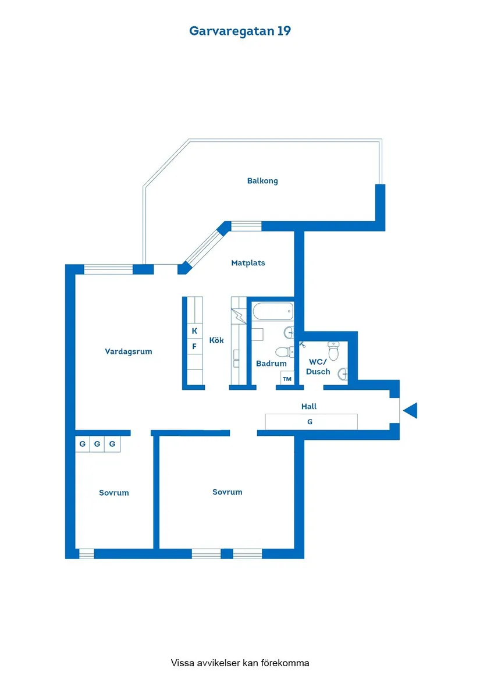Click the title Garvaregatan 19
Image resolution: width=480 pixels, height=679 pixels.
click(240, 31)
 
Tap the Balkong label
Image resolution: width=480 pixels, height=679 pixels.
click(262, 181)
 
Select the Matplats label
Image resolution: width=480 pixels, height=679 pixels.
click(248, 263)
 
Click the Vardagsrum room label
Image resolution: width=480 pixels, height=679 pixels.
click(129, 351)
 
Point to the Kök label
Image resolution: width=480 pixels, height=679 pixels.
click(216, 340)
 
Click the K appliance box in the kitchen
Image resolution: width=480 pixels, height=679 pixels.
click(194, 331)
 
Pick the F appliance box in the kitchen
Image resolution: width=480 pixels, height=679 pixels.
click(194, 346)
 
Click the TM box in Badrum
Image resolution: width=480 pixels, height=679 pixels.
click(287, 379)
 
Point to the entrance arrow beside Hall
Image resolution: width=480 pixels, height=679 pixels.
click(411, 410)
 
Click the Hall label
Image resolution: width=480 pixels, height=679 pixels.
click(309, 407)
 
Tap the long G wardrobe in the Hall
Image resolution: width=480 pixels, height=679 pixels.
click(311, 422)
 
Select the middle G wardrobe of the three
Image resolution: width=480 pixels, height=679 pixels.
click(97, 445)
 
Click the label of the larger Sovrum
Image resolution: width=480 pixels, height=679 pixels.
click(227, 492)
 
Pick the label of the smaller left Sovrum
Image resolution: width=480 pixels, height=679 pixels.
click(113, 493)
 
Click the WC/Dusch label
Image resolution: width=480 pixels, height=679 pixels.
click(318, 367)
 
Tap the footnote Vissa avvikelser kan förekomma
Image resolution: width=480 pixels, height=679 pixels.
click(240, 663)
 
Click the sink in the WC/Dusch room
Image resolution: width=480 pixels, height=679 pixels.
click(342, 374)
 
